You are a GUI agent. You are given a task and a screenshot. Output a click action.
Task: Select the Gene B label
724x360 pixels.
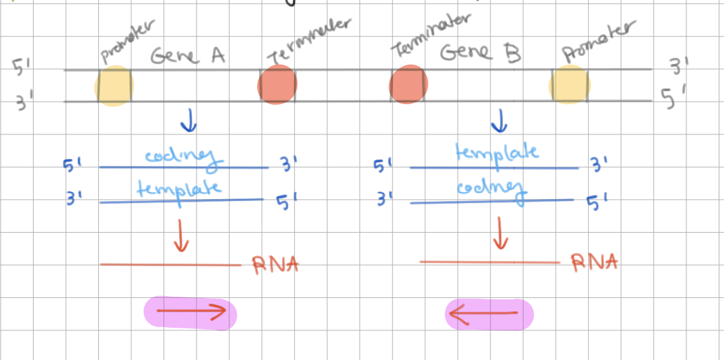(480, 53)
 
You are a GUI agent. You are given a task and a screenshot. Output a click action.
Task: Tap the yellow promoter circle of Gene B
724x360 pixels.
(570, 85)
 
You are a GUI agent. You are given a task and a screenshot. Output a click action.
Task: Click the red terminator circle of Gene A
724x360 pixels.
(278, 86)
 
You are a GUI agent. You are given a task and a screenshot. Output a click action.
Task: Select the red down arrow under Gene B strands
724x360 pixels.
(501, 235)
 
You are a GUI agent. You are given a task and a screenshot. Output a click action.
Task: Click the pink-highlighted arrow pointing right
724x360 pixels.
(191, 314)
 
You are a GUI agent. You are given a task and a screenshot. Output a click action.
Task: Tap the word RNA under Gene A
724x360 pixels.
(276, 264)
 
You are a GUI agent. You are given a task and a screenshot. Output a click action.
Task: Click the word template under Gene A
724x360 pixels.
(179, 189)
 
